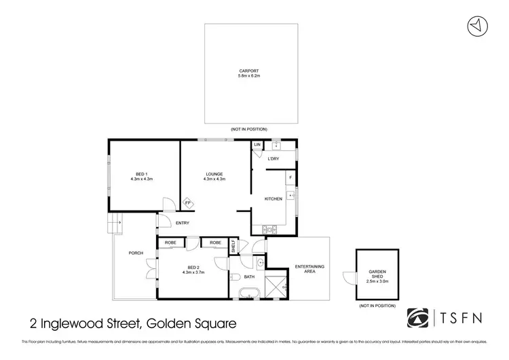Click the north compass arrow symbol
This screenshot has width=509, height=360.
478,25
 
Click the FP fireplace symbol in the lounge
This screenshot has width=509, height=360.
188,202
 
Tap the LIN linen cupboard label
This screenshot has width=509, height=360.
257,145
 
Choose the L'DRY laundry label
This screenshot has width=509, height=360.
274,159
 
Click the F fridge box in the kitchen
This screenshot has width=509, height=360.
290,177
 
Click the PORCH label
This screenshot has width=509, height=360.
136,253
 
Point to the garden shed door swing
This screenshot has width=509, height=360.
350,278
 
